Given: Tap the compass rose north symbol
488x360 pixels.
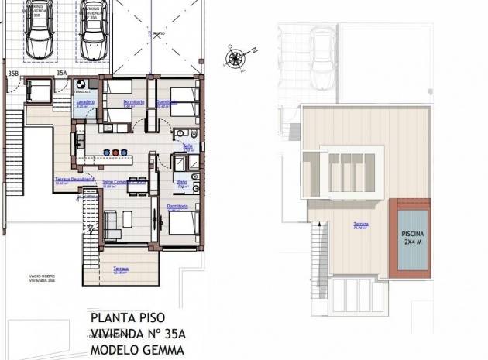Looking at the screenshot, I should coord(234,57).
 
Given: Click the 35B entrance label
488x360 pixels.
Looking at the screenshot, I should coord(13,74).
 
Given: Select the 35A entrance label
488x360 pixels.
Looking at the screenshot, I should coord(62,74).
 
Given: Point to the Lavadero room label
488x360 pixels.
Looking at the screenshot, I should coord(85,102).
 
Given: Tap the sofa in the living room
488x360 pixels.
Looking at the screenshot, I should coord(112,223).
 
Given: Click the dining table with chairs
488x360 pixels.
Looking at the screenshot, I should coord(137,186).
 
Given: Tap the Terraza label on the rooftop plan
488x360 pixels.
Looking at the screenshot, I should coord(361,225).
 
